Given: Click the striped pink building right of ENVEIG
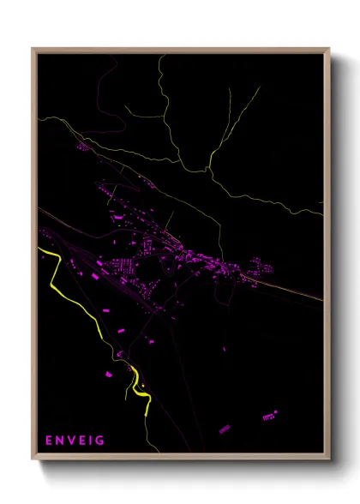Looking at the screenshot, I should [224, 428].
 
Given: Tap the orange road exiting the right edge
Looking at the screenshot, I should [319, 299].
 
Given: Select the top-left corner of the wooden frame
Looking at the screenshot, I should [33, 50].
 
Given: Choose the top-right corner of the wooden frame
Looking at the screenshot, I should [328, 50].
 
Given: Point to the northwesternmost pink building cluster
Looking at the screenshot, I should [83, 147].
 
